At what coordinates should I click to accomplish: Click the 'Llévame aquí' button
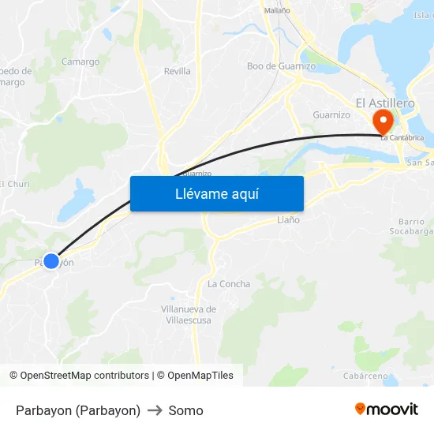coord(216,193)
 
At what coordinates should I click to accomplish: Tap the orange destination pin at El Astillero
coord(383,122)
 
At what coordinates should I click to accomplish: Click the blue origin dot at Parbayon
coord(51,260)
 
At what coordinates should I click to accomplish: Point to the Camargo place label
coord(80,62)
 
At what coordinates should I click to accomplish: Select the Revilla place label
coord(178,71)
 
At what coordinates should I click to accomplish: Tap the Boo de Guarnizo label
coord(281,66)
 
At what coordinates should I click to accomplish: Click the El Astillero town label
coord(385,103)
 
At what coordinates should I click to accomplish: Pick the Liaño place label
coord(288,220)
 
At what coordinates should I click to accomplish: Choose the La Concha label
coord(229,284)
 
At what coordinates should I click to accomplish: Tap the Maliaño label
coord(276,10)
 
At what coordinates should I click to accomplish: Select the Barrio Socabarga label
coord(411,226)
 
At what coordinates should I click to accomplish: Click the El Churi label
coord(14,184)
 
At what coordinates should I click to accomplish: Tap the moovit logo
coord(387,409)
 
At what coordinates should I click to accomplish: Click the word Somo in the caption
coord(185,410)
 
